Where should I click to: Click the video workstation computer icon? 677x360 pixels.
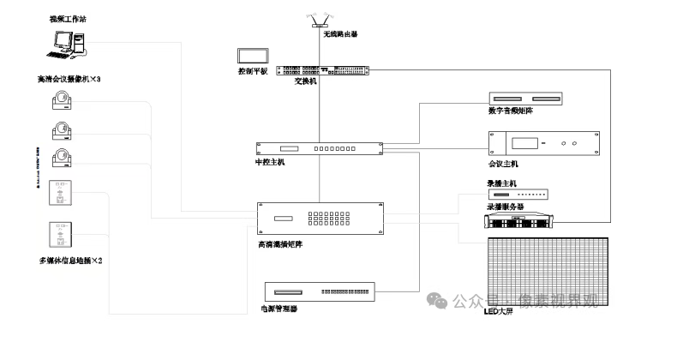tap(68, 44)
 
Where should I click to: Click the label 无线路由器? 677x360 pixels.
tap(340, 35)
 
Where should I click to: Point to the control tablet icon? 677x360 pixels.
tap(253, 56)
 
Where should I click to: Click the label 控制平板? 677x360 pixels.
tap(252, 72)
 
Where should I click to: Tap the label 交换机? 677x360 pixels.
tap(305, 81)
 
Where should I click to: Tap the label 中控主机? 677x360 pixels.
tap(269, 163)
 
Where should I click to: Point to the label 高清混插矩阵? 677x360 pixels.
tap(279, 243)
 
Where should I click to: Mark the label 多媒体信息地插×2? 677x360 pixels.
tap(71, 260)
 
